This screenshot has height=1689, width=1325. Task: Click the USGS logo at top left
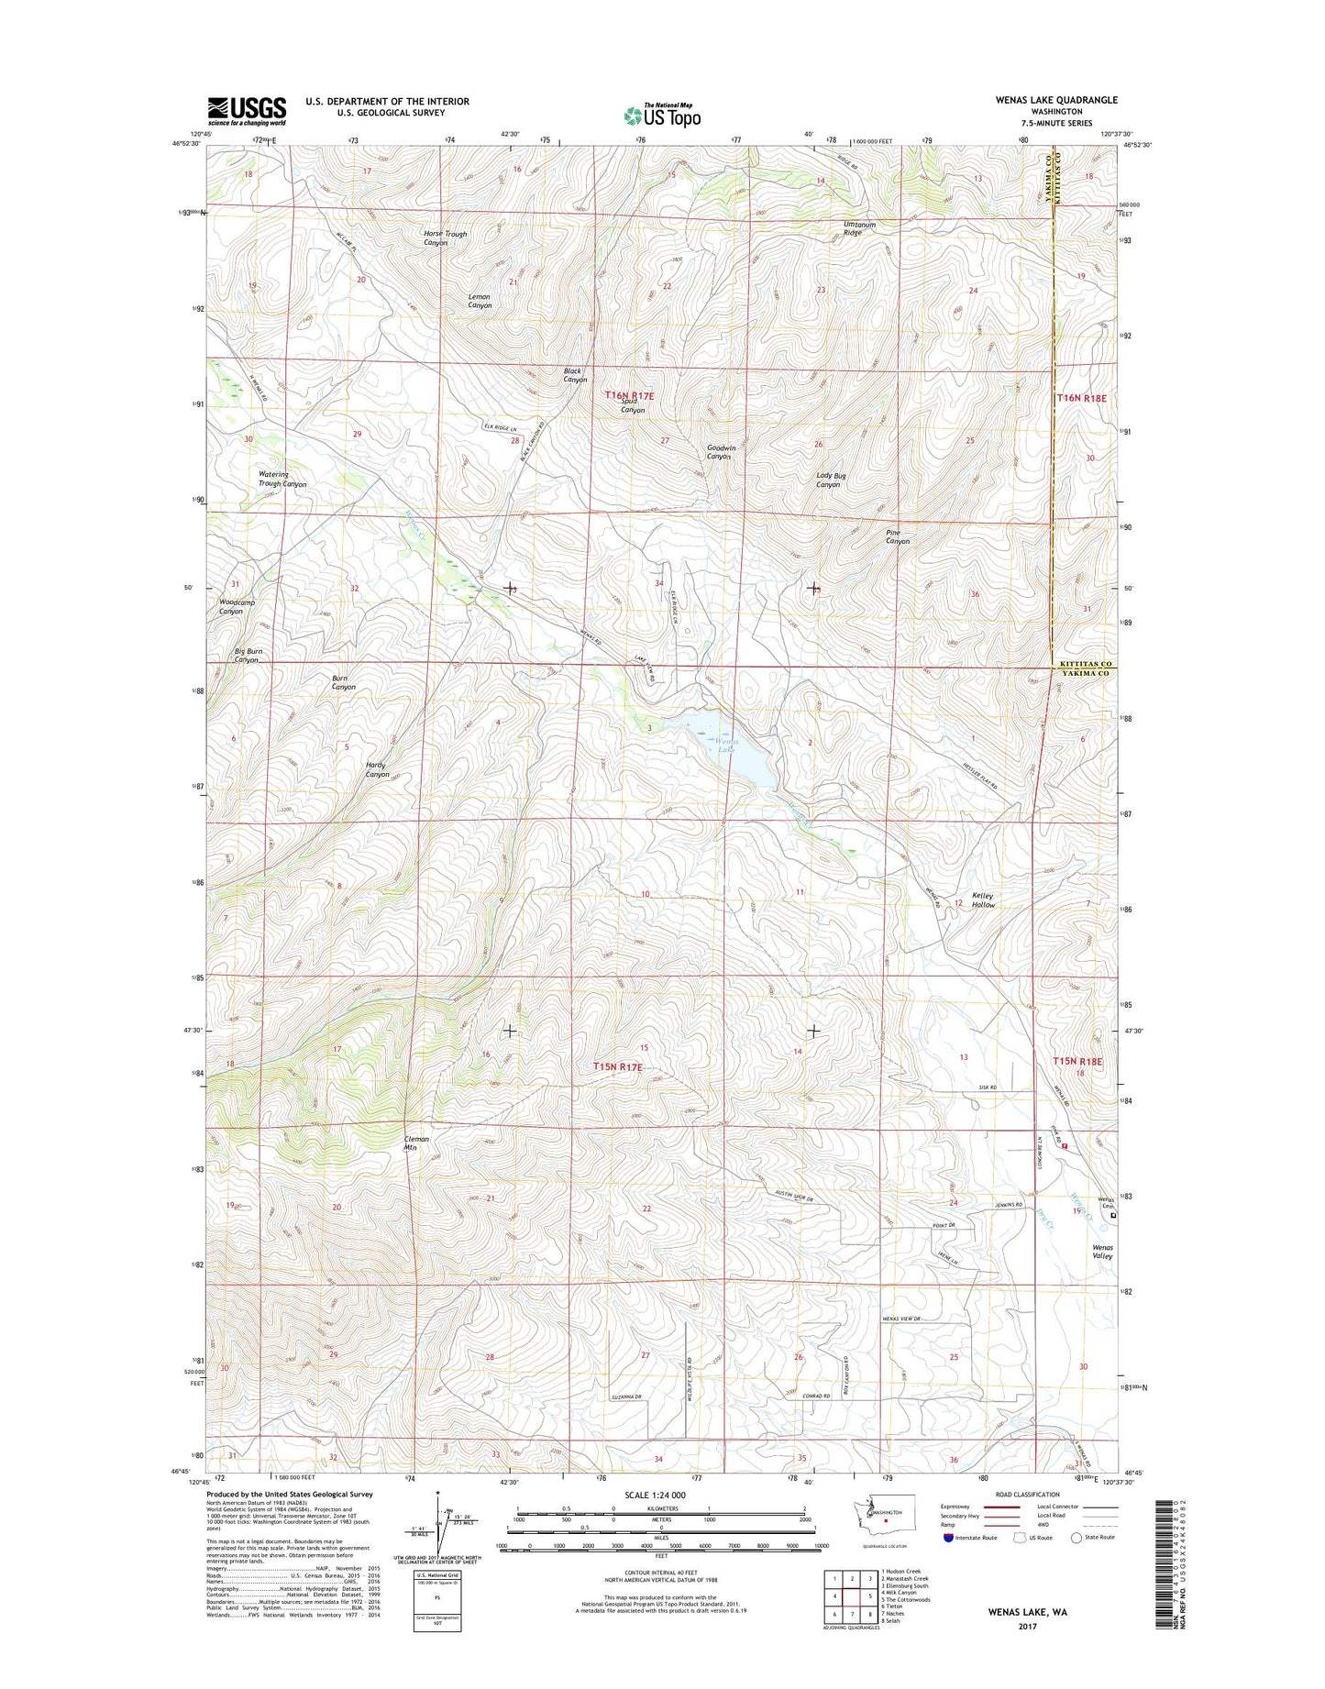coord(247,111)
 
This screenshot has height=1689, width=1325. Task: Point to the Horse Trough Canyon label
coord(445,238)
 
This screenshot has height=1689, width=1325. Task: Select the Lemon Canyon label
coord(480,301)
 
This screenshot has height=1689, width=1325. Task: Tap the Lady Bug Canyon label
coord(828,480)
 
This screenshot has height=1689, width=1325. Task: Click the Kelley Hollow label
coord(982,900)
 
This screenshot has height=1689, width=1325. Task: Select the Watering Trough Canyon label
coord(282,479)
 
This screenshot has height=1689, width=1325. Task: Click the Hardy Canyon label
coord(377,769)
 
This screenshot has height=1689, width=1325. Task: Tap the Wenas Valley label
coord(1102,1252)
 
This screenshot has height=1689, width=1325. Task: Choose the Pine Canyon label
coord(897,536)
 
